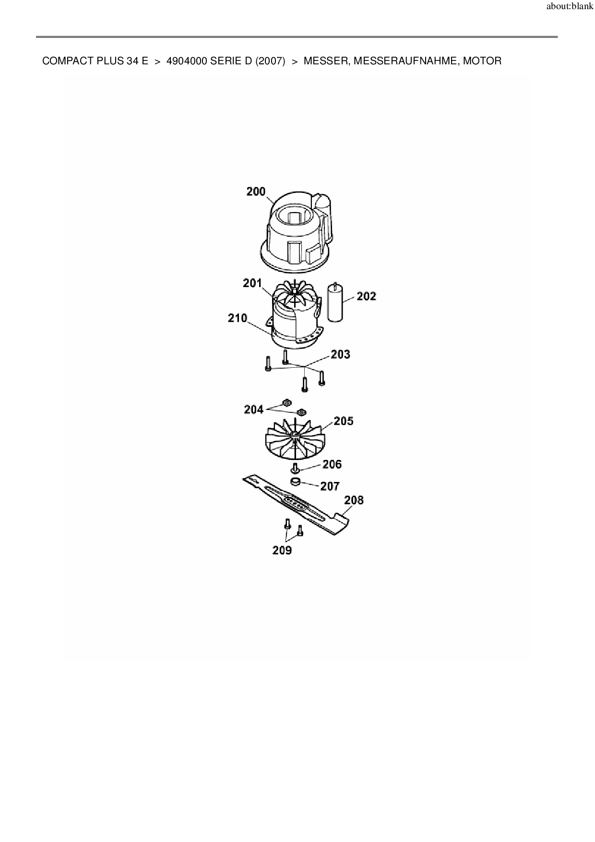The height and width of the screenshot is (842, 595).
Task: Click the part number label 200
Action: pos(256,192)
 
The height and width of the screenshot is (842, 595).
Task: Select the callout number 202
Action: pos(367,296)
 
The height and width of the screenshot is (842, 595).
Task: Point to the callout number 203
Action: pos(341,354)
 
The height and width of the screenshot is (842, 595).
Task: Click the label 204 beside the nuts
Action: pos(254,409)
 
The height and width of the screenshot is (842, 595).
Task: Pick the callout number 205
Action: pos(344,421)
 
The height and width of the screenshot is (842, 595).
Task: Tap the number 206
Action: pos(332,464)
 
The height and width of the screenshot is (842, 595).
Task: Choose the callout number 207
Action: pos(330,486)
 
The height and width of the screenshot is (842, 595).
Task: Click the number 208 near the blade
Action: pos(354,500)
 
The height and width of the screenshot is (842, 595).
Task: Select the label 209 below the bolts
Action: pos(282,550)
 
